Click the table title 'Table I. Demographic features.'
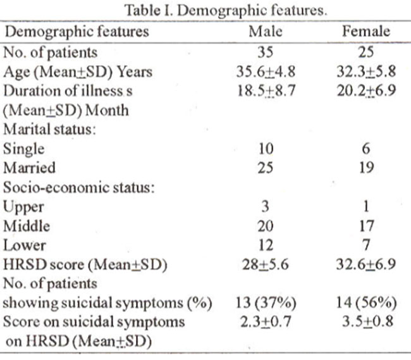point(226,11)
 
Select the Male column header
point(266,32)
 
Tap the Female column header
point(366,31)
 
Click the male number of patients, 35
point(266,52)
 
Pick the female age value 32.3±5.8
point(366,71)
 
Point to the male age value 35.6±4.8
point(266,71)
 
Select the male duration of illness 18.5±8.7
point(266,91)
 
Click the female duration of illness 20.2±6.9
point(366,91)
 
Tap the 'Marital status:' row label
point(49,129)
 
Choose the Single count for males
point(266,149)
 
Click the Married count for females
point(366,168)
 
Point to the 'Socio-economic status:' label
point(78,187)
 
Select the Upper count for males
point(266,206)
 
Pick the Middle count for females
point(366,226)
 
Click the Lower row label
point(25,245)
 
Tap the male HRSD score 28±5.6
point(266,264)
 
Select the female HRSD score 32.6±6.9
point(366,264)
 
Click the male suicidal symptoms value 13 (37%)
point(266,303)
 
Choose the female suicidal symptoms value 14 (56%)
point(367,303)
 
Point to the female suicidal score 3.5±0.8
point(367,322)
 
